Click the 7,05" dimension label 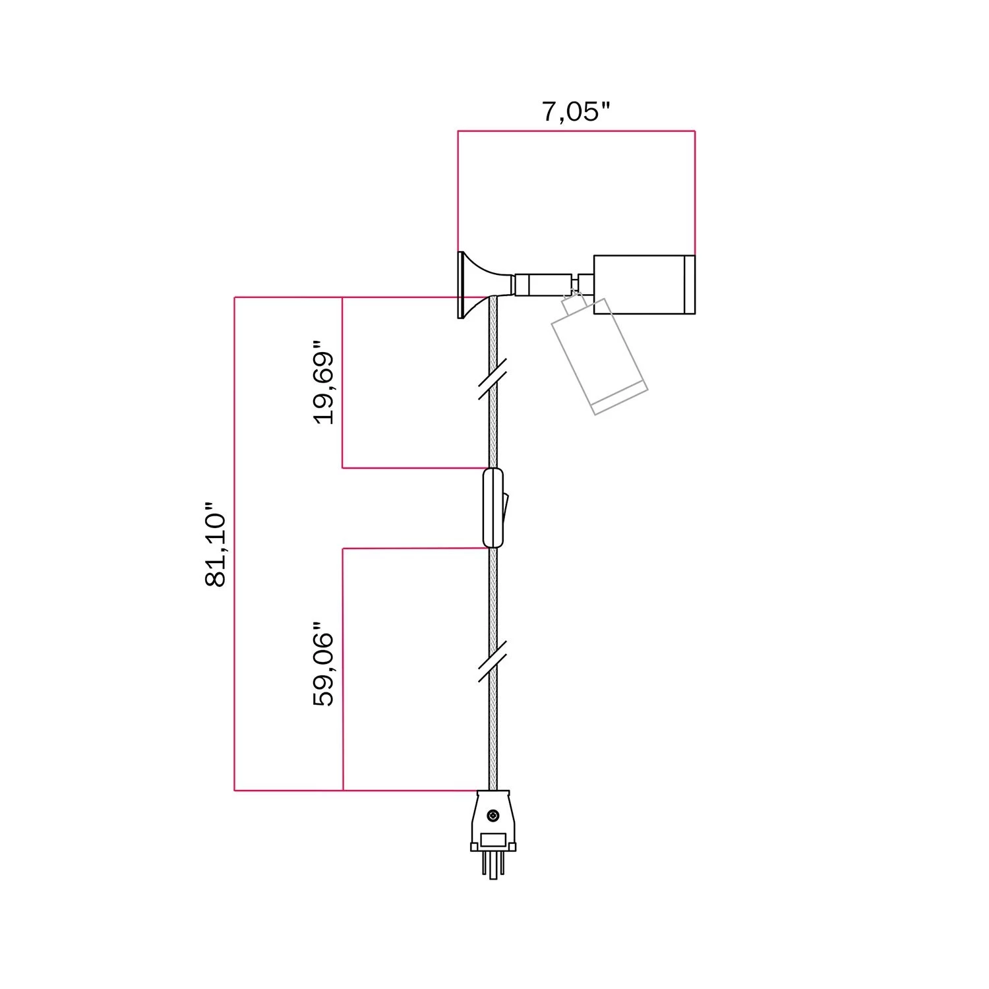[x=576, y=112]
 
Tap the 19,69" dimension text [x=324, y=382]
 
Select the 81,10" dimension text [x=216, y=545]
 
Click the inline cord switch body [x=493, y=508]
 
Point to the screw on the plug [x=493, y=816]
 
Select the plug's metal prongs [x=493, y=867]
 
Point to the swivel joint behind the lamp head [x=584, y=284]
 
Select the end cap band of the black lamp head [x=689, y=284]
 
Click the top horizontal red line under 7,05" [x=576, y=131]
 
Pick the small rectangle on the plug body [x=493, y=839]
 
